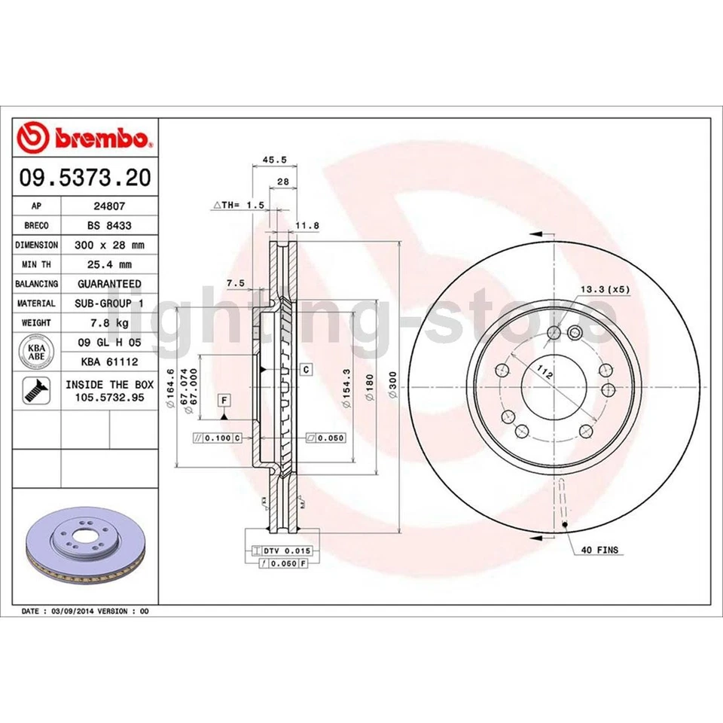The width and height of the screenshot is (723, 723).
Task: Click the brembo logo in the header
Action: (85, 137)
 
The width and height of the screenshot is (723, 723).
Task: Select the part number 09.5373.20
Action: (85, 178)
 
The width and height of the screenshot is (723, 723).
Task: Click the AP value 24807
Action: (109, 205)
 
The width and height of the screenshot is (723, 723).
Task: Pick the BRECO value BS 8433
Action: (109, 224)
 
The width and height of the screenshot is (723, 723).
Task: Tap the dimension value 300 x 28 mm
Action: (109, 244)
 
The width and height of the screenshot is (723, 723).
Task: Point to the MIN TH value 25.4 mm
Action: (109, 264)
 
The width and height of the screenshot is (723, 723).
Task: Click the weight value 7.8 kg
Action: (109, 322)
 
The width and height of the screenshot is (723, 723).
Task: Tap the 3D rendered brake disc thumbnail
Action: (85, 550)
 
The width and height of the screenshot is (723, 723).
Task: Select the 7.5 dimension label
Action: (235, 283)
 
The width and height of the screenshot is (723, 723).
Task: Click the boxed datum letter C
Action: (306, 369)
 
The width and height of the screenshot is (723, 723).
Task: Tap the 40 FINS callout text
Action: (599, 551)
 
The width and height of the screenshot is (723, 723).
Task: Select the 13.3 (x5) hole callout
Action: (603, 289)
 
